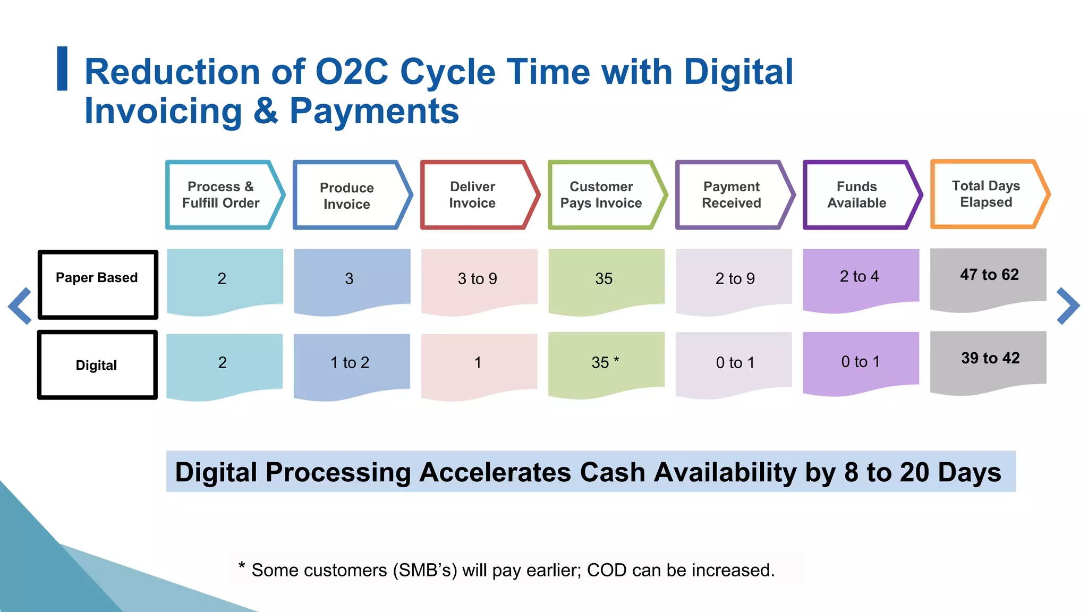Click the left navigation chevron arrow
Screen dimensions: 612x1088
pyautogui.click(x=20, y=305)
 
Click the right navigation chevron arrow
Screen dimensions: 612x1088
pyautogui.click(x=1067, y=305)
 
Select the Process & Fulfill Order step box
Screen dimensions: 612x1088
pyautogui.click(x=222, y=195)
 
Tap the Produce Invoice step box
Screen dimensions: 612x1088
pyautogui.click(x=348, y=195)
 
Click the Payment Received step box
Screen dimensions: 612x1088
pyautogui.click(x=732, y=195)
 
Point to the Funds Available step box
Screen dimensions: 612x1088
pyautogui.click(x=857, y=195)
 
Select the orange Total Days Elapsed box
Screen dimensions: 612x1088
pyautogui.click(x=987, y=194)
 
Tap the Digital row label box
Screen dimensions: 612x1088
pyautogui.click(x=97, y=365)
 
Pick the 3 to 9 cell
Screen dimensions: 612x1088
pyautogui.click(x=478, y=279)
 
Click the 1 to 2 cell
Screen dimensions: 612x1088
pyautogui.click(x=350, y=363)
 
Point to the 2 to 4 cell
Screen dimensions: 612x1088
pyautogui.click(x=860, y=277)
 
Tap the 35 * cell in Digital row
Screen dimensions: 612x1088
pyautogui.click(x=606, y=363)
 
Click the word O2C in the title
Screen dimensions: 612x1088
pyautogui.click(x=352, y=72)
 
